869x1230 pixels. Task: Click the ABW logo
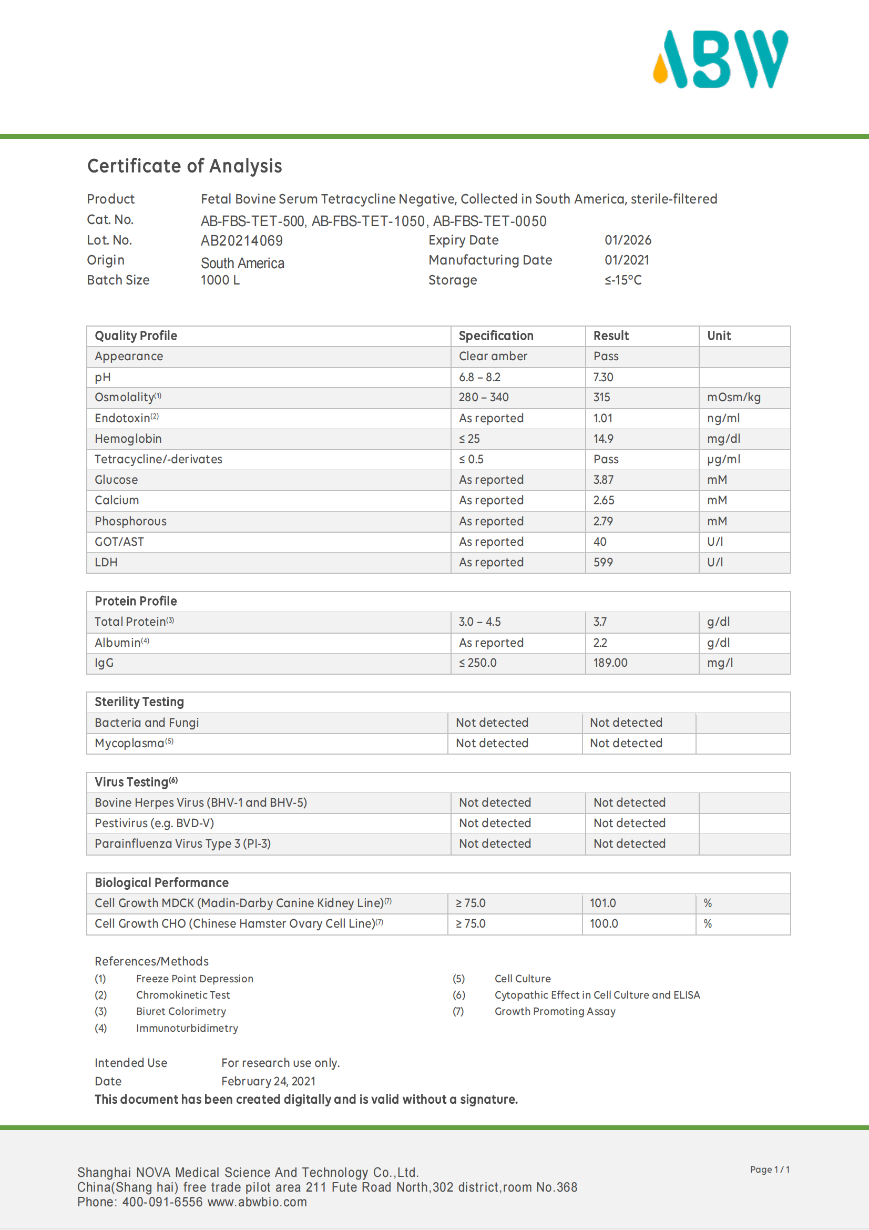click(x=720, y=59)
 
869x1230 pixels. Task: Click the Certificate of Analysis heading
click(x=185, y=166)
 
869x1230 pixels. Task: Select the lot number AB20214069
click(x=241, y=240)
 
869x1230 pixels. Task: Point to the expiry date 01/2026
click(x=628, y=240)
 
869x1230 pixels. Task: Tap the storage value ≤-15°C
click(x=622, y=280)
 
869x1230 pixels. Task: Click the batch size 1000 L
click(x=220, y=280)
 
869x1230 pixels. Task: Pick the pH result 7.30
click(x=603, y=377)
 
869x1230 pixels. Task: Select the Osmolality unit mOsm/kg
click(x=733, y=398)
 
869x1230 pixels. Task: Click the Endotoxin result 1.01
click(x=603, y=419)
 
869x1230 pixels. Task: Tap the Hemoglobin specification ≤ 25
click(x=469, y=439)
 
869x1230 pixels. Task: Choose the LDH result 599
click(x=603, y=563)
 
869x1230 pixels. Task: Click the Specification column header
click(x=496, y=336)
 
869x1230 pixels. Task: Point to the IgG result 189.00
click(x=610, y=663)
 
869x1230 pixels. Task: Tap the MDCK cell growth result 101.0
click(x=603, y=903)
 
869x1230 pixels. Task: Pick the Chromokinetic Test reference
click(x=182, y=995)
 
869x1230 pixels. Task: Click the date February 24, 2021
click(x=268, y=1082)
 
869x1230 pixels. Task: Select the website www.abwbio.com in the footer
click(x=257, y=1202)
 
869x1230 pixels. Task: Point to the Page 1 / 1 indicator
click(x=770, y=1170)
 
